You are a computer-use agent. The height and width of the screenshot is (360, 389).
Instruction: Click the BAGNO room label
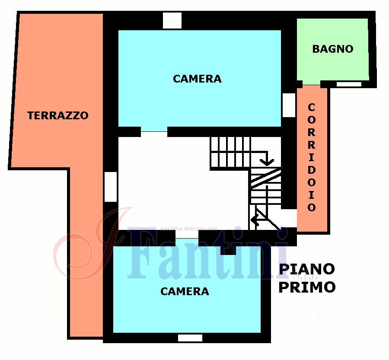tap(333, 49)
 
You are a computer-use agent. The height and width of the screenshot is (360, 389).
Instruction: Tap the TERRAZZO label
tap(58, 115)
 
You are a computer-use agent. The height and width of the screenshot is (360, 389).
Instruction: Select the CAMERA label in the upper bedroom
tap(197, 79)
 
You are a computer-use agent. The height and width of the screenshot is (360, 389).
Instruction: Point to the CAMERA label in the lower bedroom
tap(185, 291)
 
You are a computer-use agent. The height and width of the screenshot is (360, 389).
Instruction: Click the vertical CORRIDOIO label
tap(312, 158)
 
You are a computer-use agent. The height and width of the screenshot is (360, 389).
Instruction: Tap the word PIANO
tap(307, 269)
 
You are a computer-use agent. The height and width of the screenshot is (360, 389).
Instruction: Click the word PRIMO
tap(307, 287)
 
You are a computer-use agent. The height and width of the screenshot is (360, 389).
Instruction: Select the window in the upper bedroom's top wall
tap(172, 21)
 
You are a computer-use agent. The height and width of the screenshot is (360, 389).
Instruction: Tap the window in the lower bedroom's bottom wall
tap(190, 338)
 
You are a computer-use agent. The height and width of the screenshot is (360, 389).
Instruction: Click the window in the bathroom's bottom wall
tap(349, 84)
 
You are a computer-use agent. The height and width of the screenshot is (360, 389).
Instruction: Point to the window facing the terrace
tap(111, 187)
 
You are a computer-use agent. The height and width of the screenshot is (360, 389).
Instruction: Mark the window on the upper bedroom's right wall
tap(289, 105)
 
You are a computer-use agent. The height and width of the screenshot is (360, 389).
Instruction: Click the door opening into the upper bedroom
tap(154, 132)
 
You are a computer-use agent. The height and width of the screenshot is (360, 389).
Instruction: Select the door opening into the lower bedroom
tap(187, 239)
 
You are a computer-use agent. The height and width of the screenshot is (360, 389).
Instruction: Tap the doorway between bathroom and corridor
tap(311, 84)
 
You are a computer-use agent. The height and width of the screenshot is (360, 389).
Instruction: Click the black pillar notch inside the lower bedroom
tap(228, 250)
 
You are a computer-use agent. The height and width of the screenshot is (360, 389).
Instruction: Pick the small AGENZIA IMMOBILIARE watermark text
tap(189, 229)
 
